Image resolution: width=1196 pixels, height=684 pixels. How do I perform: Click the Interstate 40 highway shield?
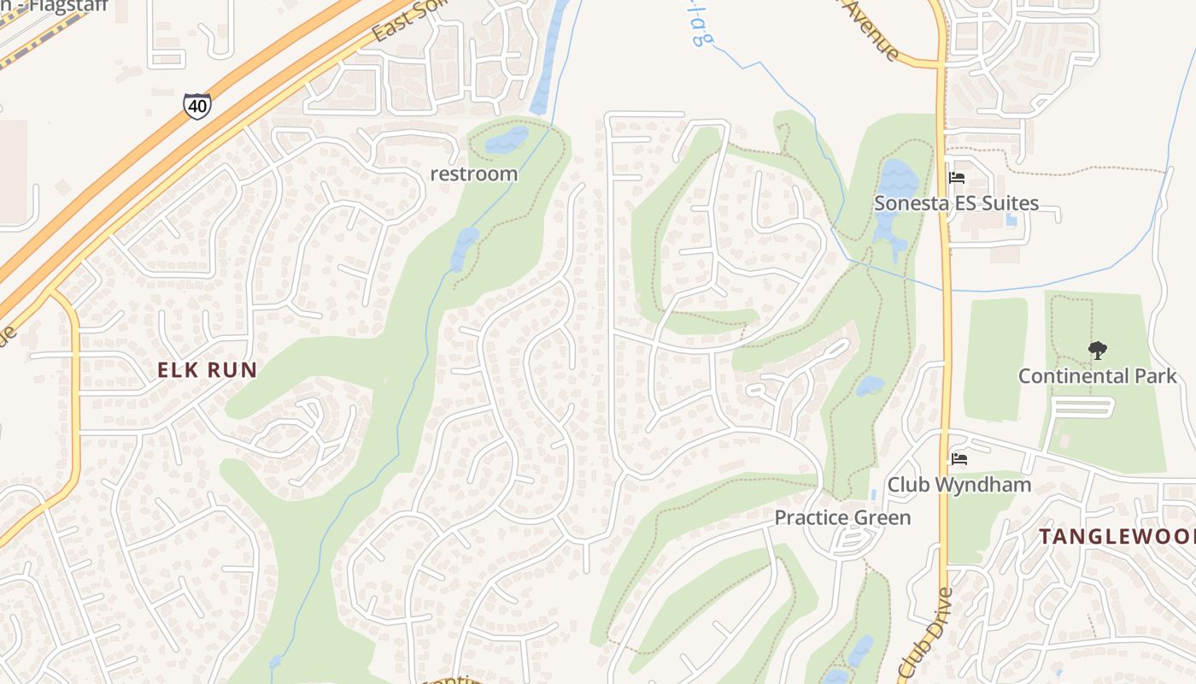(197, 106)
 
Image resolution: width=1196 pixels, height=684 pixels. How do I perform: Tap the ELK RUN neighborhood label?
(208, 370)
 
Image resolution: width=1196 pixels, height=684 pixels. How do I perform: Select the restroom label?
(473, 174)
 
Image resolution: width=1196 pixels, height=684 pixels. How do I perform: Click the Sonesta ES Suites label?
(956, 203)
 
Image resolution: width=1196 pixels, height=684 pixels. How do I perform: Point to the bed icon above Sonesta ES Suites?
(956, 179)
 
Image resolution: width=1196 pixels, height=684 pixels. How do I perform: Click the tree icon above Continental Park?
(1097, 350)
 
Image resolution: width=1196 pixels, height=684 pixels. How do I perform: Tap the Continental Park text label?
(1097, 376)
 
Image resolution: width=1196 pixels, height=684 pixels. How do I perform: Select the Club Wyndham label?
(959, 485)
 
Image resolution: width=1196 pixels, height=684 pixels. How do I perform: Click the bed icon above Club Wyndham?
(959, 459)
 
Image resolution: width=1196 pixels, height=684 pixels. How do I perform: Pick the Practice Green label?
(842, 517)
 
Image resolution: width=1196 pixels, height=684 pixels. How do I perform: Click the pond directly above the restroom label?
(507, 139)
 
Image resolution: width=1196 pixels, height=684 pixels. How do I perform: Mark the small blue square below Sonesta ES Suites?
(1012, 220)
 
